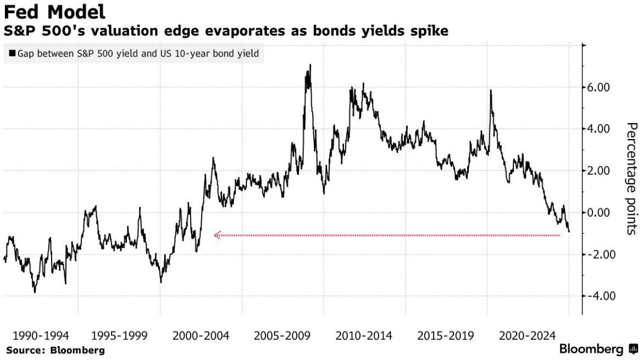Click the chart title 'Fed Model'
pos(54,12)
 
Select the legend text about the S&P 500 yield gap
pos(138,54)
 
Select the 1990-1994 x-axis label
pos(40,336)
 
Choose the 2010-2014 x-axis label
pos(364,336)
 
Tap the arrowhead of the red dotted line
pos(217,235)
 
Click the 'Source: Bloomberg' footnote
pos(55,350)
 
